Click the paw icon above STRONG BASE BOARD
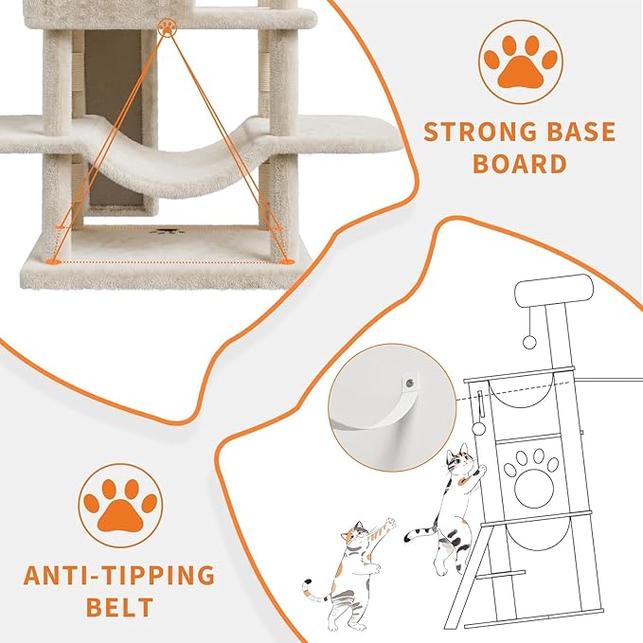tap(519, 61)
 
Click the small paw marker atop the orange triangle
tap(168, 27)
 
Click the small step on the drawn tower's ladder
tap(499, 575)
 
